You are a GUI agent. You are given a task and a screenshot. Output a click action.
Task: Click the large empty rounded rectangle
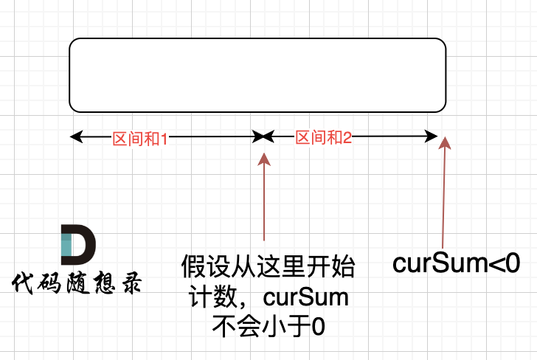(x=257, y=75)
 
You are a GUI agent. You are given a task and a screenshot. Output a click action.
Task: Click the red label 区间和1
(x=140, y=138)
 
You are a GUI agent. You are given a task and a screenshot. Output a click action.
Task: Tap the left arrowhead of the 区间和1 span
(x=74, y=136)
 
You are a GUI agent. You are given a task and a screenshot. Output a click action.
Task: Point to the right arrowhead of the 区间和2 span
(x=433, y=136)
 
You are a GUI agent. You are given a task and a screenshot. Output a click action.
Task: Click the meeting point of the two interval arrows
(x=263, y=136)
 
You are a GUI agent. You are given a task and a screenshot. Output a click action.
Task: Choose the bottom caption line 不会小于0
(x=268, y=325)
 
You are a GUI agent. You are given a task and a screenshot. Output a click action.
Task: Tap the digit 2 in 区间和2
(x=348, y=137)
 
